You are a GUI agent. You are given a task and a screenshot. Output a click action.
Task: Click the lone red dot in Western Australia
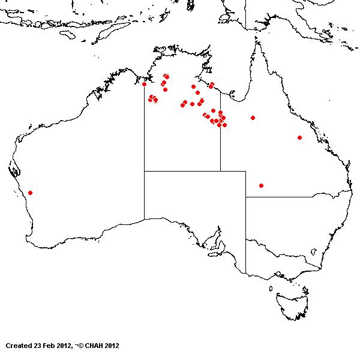(30, 193)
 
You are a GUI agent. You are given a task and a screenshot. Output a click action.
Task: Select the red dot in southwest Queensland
(261, 185)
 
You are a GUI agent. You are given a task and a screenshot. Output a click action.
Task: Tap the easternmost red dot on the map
(299, 137)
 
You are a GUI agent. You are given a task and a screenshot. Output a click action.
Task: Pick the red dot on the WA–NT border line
(144, 84)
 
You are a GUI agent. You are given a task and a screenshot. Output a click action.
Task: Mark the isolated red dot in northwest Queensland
(253, 118)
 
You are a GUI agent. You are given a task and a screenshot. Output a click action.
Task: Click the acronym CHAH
(95, 346)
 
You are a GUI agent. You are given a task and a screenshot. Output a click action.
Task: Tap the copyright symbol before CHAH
(80, 346)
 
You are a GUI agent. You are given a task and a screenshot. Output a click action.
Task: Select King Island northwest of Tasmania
(273, 278)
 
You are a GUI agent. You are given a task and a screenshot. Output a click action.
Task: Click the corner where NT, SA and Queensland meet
(220, 171)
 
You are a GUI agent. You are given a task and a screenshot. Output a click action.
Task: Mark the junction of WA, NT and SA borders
(144, 171)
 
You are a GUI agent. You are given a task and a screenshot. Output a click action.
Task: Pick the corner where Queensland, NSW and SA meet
(245, 196)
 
